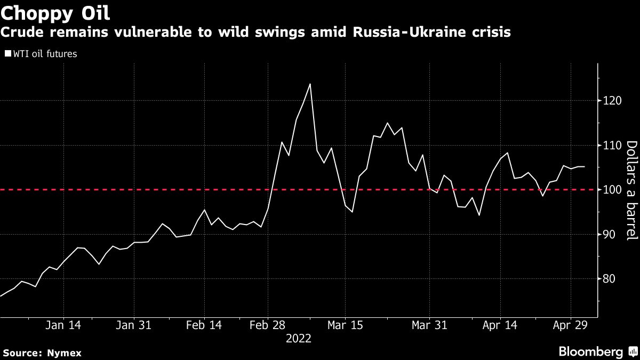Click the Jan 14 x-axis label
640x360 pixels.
63,324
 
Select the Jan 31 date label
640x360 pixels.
134,324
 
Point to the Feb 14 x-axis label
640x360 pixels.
204,324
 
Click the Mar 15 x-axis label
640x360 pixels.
345,324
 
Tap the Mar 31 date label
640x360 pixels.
429,324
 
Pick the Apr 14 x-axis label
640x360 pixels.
500,324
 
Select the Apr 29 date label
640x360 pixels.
570,324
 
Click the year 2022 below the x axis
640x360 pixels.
299,338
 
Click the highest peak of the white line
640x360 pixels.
310,84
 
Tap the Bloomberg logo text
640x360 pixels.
590,351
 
